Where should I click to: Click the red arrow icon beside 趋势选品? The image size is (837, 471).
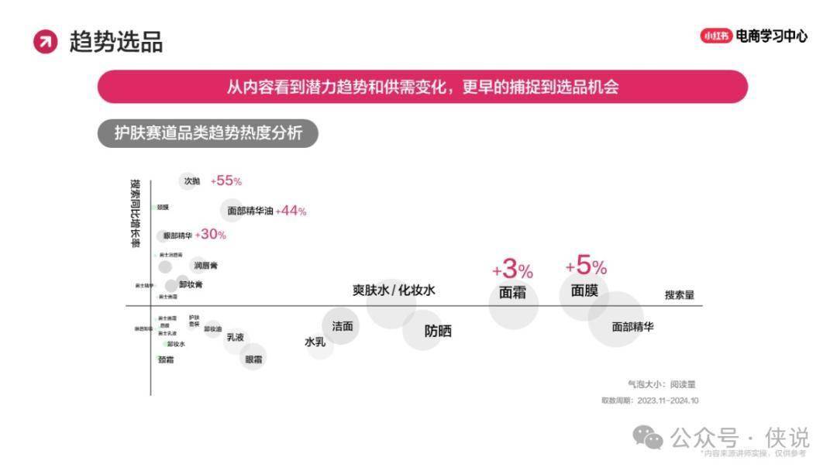pos(46,42)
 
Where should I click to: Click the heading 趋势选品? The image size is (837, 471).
pos(116,42)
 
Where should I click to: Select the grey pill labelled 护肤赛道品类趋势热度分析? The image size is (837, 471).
pos(208,133)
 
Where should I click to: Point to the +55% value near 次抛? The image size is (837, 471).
pos(226,180)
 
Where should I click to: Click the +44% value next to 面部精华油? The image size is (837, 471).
pos(291,211)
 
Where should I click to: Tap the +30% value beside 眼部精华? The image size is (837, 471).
pos(211,235)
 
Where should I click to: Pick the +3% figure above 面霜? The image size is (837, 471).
pos(512,270)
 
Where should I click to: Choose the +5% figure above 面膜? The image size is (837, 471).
pos(586,267)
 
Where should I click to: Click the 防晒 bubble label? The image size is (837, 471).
pos(438,331)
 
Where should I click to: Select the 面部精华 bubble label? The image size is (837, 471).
pos(632,327)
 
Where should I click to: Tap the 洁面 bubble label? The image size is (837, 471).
pos(343,326)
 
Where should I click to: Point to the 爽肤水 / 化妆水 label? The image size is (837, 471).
pos(394,291)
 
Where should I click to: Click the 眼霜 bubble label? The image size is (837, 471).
pos(253,359)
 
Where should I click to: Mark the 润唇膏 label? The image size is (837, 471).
pos(206,266)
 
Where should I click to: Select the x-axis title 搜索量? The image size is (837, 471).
pos(679,295)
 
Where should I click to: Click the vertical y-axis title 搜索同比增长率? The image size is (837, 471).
pos(136,214)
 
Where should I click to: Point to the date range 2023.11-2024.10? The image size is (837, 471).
pos(668,401)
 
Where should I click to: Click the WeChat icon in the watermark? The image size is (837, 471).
pos(648,438)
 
